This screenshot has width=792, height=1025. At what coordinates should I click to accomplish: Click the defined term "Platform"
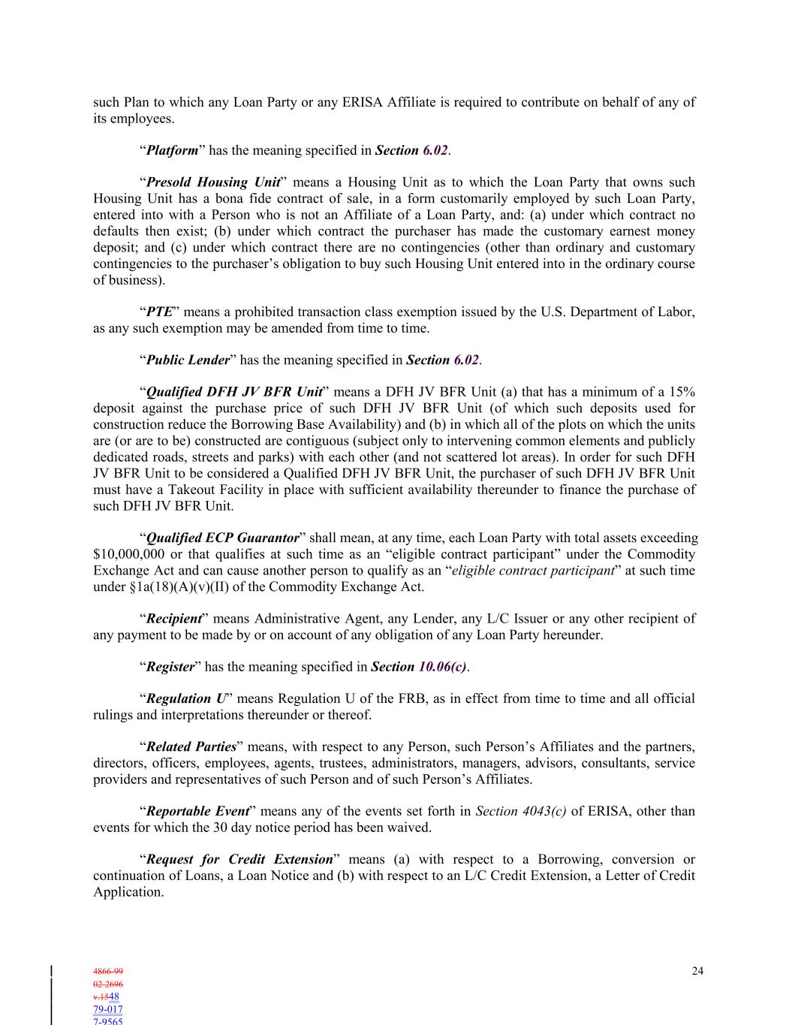click(x=172, y=150)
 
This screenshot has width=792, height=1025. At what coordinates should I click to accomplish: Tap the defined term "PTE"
click(x=159, y=312)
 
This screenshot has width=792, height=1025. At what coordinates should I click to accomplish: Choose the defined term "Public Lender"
click(x=187, y=360)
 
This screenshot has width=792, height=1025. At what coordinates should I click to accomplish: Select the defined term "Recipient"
click(x=173, y=619)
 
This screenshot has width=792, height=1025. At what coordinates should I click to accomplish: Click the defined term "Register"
click(x=170, y=667)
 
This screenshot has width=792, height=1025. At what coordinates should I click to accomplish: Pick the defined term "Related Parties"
click(x=191, y=747)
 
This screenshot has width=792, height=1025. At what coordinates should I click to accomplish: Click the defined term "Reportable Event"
click(x=197, y=812)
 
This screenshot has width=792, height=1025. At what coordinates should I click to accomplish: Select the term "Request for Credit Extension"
click(x=239, y=860)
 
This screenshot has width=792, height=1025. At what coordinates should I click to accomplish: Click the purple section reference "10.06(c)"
click(x=442, y=667)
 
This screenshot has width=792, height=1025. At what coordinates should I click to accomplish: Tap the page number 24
click(x=697, y=972)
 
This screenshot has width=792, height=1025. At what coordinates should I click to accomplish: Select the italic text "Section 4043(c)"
click(x=521, y=812)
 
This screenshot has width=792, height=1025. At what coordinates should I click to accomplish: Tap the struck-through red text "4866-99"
click(x=108, y=972)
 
